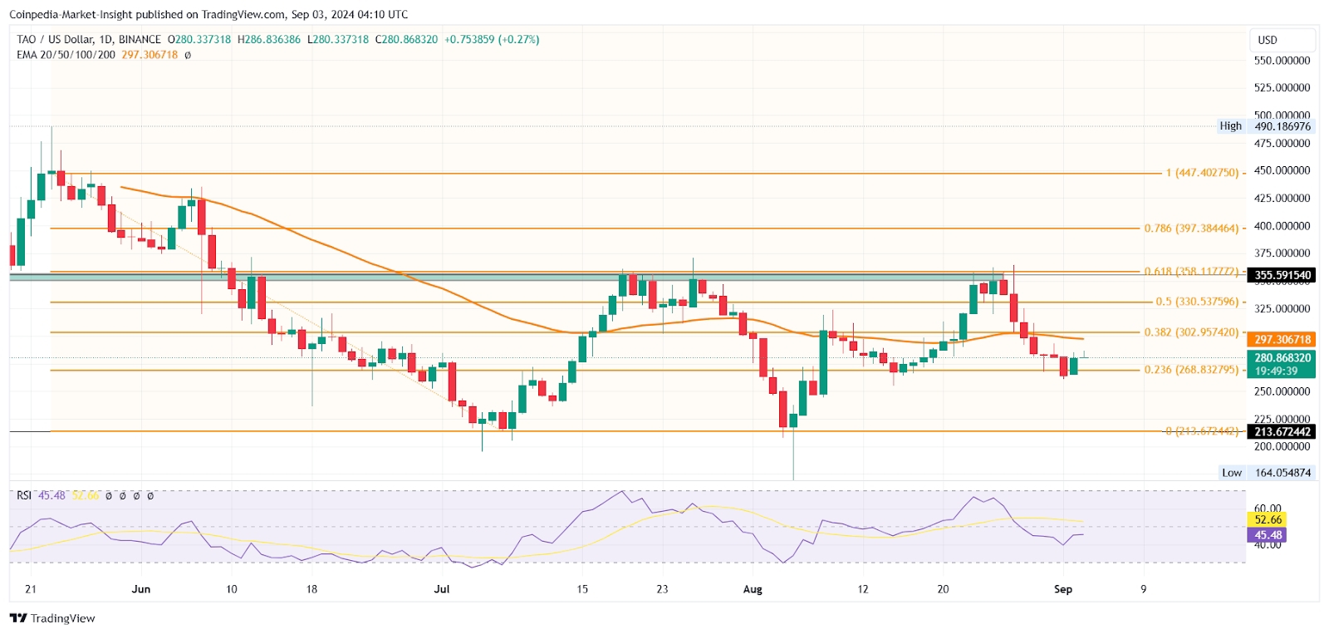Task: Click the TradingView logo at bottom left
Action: pyautogui.click(x=52, y=618)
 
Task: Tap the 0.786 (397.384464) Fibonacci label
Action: pyautogui.click(x=1191, y=229)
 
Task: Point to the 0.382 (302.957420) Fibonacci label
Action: pyautogui.click(x=1191, y=332)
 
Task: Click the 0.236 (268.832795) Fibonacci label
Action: pyautogui.click(x=1191, y=370)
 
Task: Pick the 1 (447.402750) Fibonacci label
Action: pyautogui.click(x=1202, y=173)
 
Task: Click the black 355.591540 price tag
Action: pyautogui.click(x=1282, y=275)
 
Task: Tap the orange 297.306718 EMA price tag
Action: pyautogui.click(x=1282, y=339)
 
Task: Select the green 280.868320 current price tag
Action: pyautogui.click(x=1282, y=358)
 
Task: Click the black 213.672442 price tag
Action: pyautogui.click(x=1282, y=431)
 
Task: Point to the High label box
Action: pyautogui.click(x=1230, y=126)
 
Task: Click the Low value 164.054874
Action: pyautogui.click(x=1282, y=473)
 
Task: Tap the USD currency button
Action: pyautogui.click(x=1268, y=40)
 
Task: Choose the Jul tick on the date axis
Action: pyautogui.click(x=442, y=589)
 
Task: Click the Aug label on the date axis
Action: pyautogui.click(x=753, y=589)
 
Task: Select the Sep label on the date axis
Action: pyautogui.click(x=1063, y=589)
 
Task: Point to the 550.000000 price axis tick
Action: pyautogui.click(x=1282, y=61)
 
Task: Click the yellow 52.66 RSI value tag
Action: pyautogui.click(x=1268, y=520)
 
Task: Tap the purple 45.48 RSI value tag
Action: pyautogui.click(x=1268, y=535)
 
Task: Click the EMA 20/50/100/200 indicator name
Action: pyautogui.click(x=66, y=55)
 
